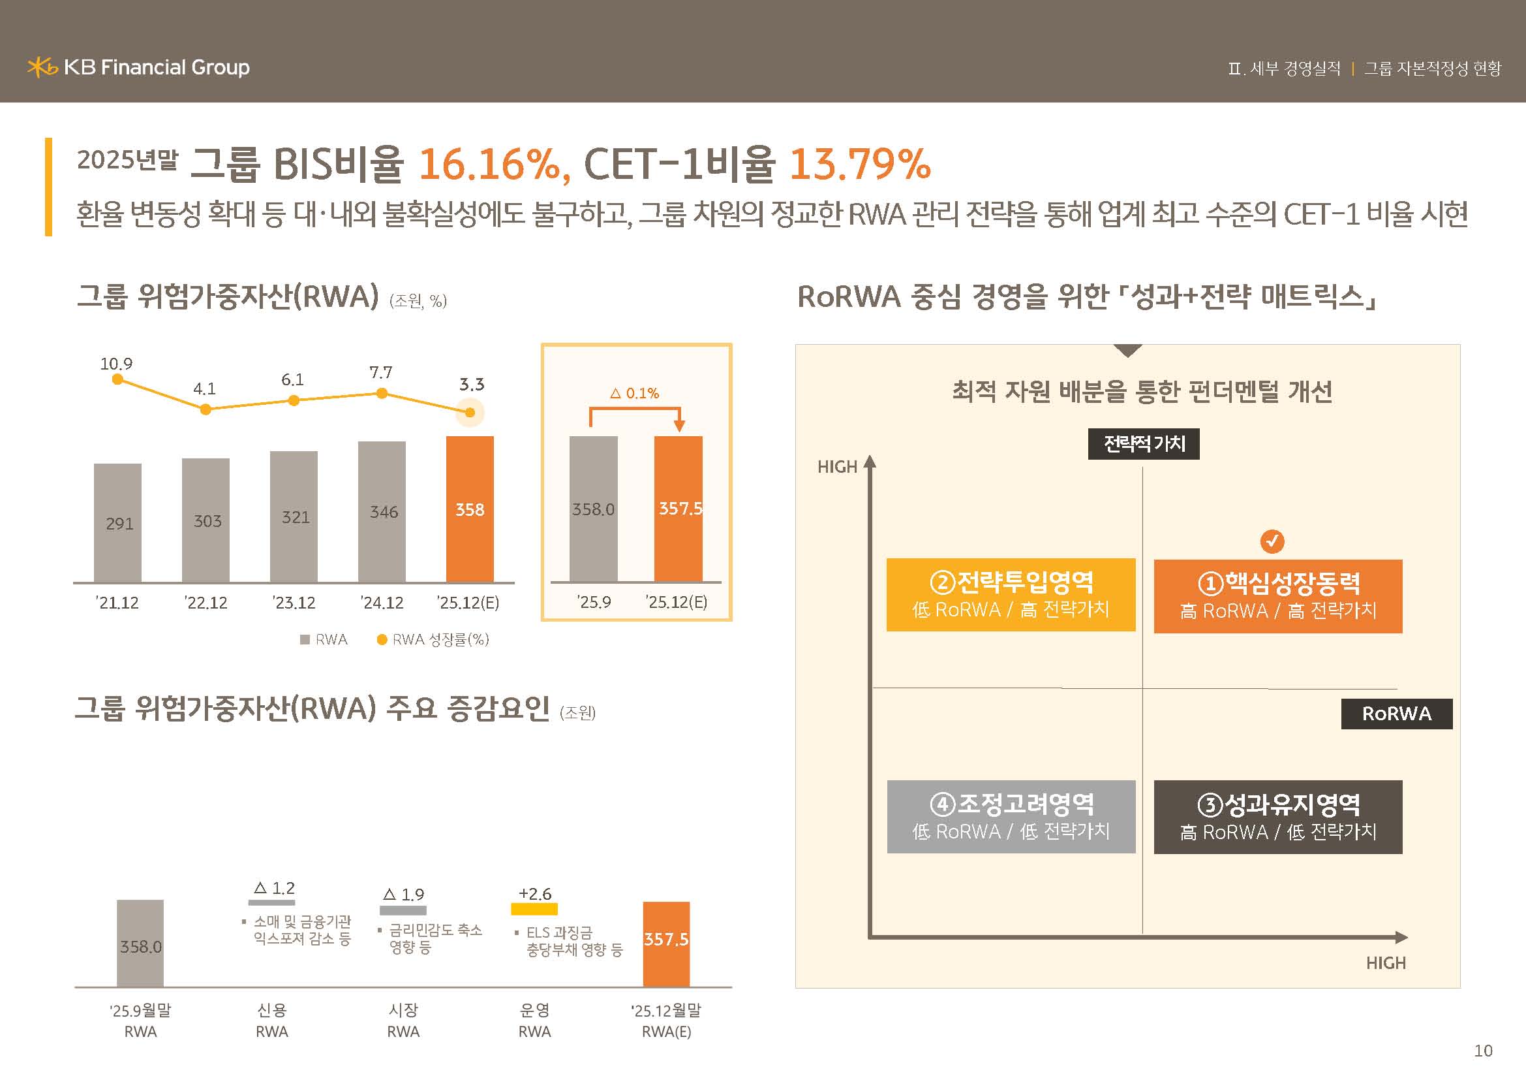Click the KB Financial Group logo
pyautogui.click(x=138, y=67)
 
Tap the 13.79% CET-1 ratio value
pyautogui.click(x=859, y=165)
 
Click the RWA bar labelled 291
pyautogui.click(x=117, y=523)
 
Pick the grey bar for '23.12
pyautogui.click(x=294, y=516)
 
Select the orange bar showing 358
pyautogui.click(x=470, y=509)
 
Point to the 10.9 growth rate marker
pyautogui.click(x=117, y=379)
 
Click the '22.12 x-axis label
pyautogui.click(x=206, y=603)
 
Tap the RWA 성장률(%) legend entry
pyautogui.click(x=433, y=640)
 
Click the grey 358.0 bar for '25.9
pyautogui.click(x=594, y=509)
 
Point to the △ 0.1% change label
pyautogui.click(x=635, y=394)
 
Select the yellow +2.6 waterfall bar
pyautogui.click(x=534, y=908)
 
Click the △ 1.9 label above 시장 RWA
pyautogui.click(x=403, y=895)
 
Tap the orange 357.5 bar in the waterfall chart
pyautogui.click(x=666, y=944)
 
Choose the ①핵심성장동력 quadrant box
pyautogui.click(x=1277, y=596)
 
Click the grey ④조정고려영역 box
pyautogui.click(x=1011, y=817)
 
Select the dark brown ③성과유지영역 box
pyautogui.click(x=1277, y=817)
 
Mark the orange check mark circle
pyautogui.click(x=1272, y=541)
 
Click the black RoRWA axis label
pyautogui.click(x=1396, y=714)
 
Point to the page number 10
pyautogui.click(x=1483, y=1051)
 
